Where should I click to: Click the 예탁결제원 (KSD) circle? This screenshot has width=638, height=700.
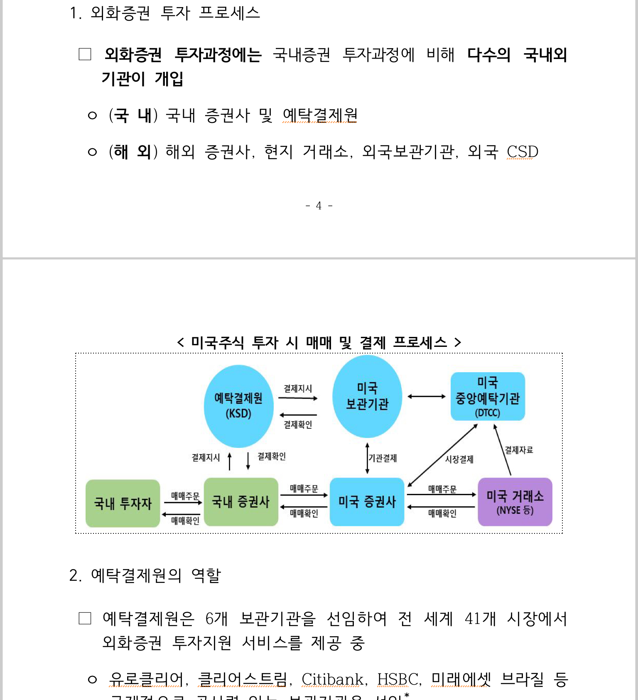238,406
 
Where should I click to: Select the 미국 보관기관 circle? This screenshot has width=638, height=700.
367,396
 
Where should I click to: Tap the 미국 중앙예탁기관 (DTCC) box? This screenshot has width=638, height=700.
488,396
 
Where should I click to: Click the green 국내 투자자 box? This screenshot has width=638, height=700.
123,503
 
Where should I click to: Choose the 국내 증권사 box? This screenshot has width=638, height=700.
241,502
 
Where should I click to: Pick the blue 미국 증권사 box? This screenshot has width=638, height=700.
367,502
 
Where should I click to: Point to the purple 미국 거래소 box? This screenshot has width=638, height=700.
515,502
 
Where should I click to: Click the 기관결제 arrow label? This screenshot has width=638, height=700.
383,458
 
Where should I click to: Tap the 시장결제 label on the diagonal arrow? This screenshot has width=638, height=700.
459,459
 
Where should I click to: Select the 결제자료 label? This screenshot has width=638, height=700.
519,450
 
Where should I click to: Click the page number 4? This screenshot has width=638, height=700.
319,206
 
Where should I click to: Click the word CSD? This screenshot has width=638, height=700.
522,152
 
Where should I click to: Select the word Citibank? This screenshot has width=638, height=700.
332,679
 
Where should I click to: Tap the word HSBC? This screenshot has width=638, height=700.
398,679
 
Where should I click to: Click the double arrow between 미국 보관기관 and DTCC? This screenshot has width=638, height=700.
427,397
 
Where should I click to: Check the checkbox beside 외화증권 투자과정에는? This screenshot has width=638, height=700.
85,54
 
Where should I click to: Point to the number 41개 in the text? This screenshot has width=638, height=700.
480,619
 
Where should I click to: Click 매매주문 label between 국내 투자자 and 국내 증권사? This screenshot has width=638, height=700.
185,496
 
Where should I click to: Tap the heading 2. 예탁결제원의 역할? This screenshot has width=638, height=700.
145,575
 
